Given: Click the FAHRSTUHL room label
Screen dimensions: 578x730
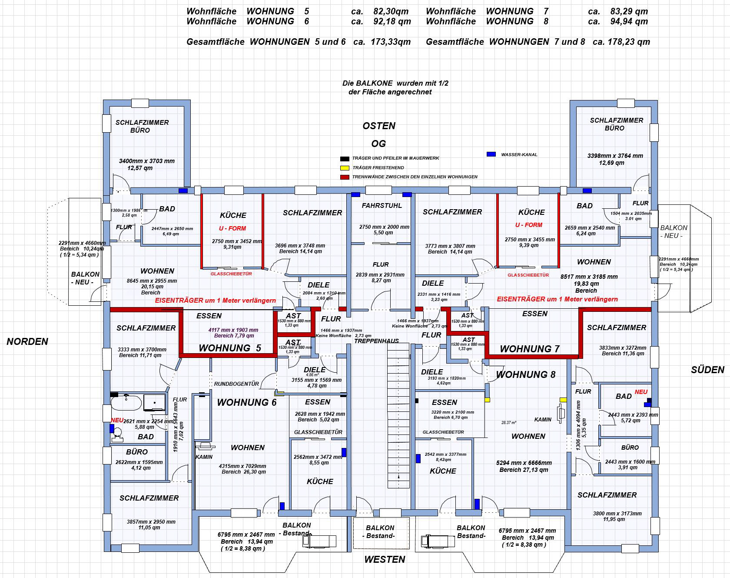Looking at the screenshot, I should (382, 206).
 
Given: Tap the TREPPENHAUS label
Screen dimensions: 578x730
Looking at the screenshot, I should (376, 341).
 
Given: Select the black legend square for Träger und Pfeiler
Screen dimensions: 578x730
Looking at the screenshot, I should (345, 159).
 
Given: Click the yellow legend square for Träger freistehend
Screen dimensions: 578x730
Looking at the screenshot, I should (345, 168).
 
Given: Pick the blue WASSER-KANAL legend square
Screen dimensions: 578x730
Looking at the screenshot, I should (491, 154).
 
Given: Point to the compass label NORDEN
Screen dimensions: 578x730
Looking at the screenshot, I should (27, 342).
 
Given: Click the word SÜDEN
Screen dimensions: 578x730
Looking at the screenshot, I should (707, 370).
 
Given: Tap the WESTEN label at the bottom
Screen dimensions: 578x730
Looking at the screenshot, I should (385, 560).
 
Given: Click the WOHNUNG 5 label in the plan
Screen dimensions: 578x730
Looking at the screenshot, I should (230, 348).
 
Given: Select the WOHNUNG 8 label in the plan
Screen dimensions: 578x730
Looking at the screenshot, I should (525, 375).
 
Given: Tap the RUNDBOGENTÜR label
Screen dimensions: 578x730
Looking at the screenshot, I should (236, 384).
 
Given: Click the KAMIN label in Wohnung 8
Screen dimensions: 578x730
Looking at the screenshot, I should (543, 420).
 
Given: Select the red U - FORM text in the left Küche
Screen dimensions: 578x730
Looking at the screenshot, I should (232, 228).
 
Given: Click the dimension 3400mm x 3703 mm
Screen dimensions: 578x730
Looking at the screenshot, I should (146, 161).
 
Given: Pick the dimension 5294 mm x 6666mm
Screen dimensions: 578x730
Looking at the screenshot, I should (524, 463).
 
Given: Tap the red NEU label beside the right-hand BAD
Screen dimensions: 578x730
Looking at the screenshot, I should (641, 392).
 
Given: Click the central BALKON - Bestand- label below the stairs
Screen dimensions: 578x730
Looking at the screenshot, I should (380, 531).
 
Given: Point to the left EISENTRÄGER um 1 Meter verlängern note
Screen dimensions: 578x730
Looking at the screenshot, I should (215, 301).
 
